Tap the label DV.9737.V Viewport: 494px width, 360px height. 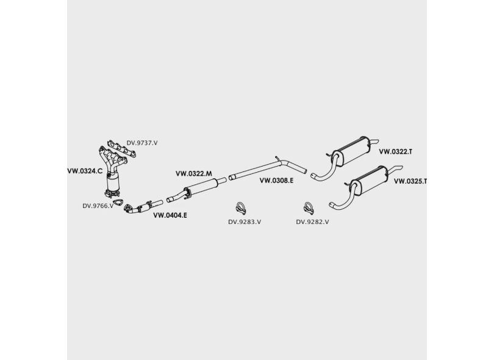[x=142, y=143]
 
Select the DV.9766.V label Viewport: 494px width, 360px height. [x=98, y=206]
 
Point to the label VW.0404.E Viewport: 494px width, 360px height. [x=170, y=215]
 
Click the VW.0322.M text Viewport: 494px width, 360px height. [x=193, y=174]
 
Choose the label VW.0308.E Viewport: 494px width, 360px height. [x=276, y=181]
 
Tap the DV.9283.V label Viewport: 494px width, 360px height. [x=245, y=222]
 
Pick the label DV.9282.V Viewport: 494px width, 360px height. [x=312, y=222]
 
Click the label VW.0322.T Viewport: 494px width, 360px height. [x=396, y=151]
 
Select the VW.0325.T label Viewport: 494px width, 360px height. [x=410, y=181]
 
